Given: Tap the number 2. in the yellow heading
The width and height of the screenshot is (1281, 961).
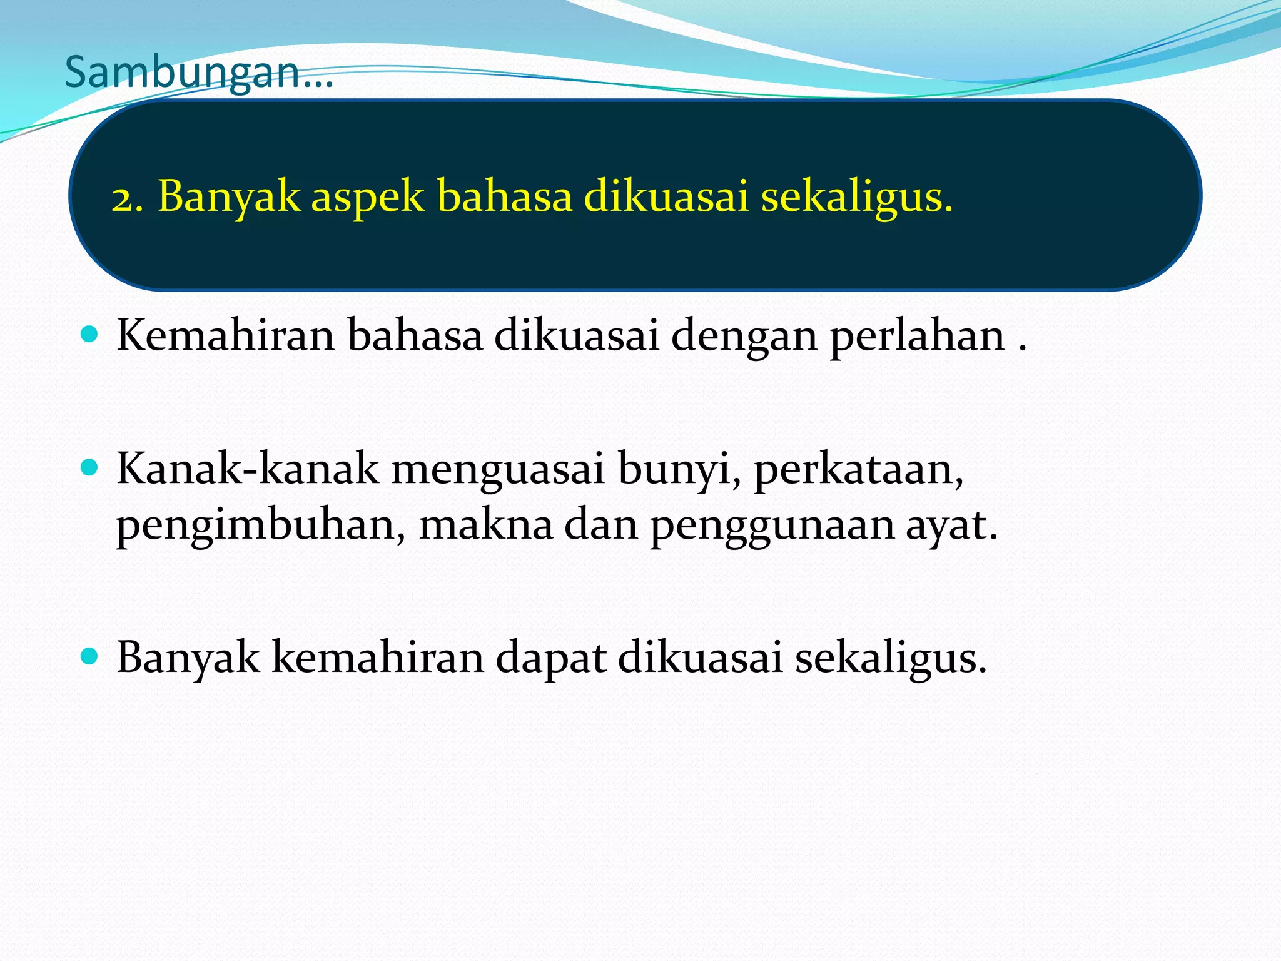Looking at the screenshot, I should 128,198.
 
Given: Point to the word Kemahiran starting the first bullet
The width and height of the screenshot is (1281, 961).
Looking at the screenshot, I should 226,336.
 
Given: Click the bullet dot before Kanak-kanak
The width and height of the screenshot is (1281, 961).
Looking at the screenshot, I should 90,467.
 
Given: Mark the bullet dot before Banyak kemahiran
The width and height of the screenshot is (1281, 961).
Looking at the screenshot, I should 90,656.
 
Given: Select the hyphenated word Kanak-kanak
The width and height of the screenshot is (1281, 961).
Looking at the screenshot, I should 248,469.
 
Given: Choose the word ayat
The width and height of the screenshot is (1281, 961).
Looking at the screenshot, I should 951,526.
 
